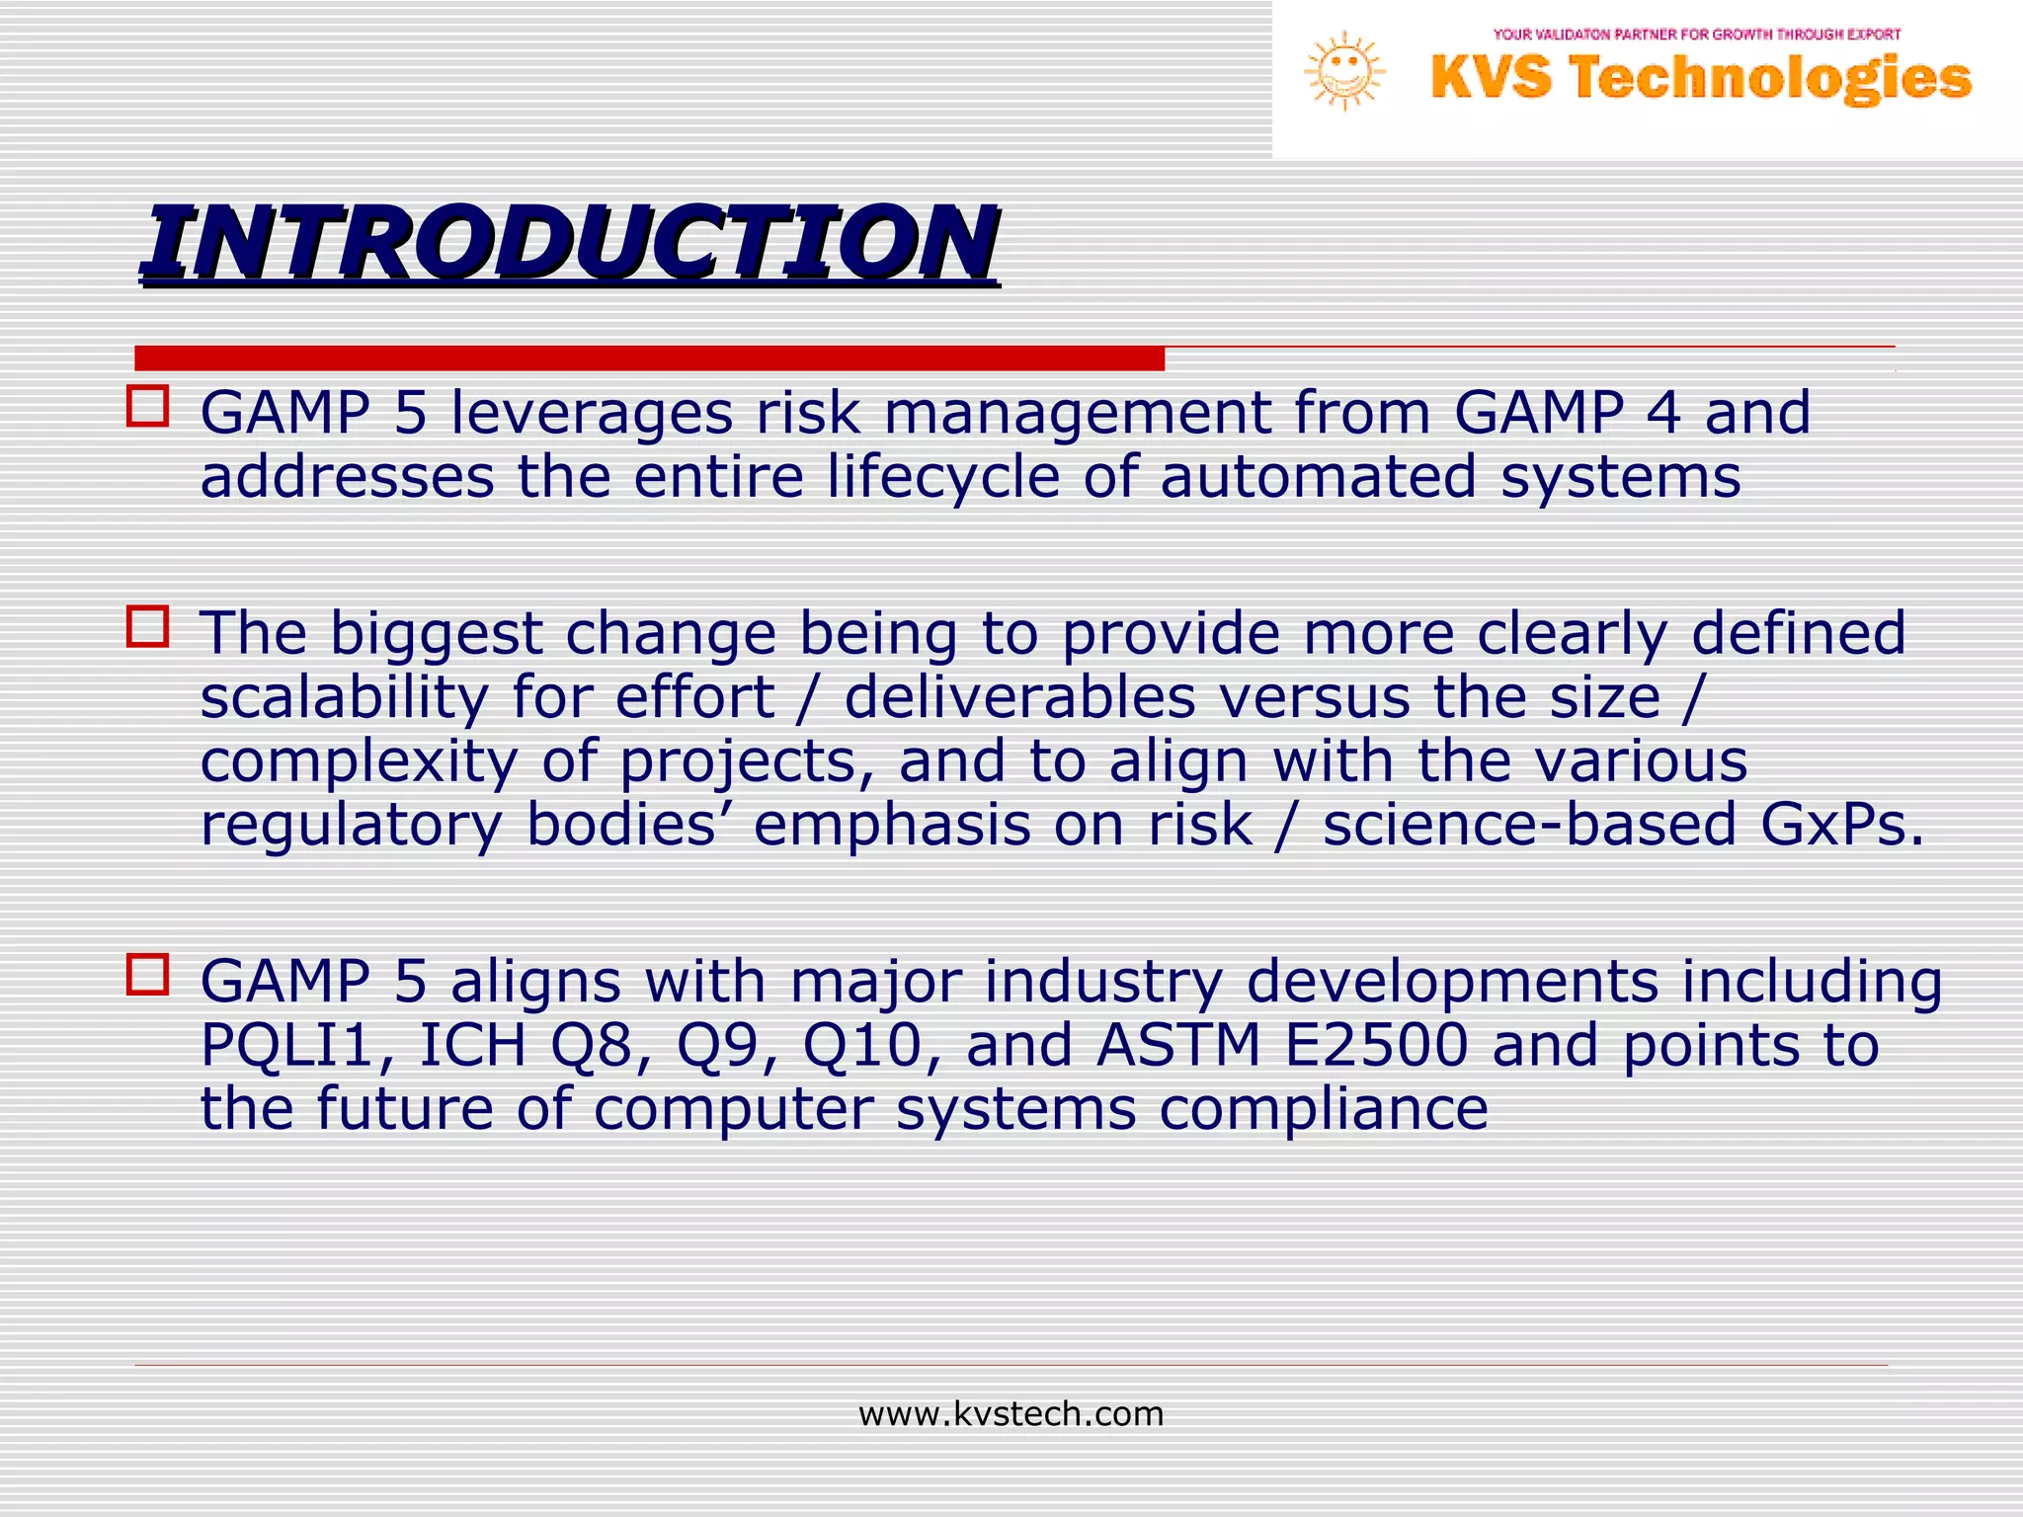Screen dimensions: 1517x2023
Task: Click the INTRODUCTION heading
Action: [570, 242]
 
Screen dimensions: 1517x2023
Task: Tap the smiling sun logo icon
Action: [1344, 71]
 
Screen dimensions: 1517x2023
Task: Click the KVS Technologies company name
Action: [1701, 78]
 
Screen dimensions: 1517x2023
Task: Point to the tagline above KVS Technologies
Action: [1697, 35]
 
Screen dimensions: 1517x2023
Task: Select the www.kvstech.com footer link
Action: [1011, 1414]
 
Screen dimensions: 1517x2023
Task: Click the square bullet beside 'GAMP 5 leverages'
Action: [148, 406]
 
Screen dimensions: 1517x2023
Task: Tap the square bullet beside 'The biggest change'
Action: [148, 627]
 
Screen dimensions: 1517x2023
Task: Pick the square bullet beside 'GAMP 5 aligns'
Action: [148, 974]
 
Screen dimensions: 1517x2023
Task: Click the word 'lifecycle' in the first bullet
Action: [943, 477]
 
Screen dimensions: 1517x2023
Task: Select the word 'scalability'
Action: [344, 698]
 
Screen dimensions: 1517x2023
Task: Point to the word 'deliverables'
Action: [1019, 697]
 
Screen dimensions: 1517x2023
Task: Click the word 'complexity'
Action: [359, 762]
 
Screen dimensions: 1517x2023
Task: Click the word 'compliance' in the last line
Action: [1324, 1109]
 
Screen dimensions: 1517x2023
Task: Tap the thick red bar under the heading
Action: [649, 358]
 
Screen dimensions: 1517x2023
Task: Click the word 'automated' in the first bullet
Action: [1318, 477]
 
